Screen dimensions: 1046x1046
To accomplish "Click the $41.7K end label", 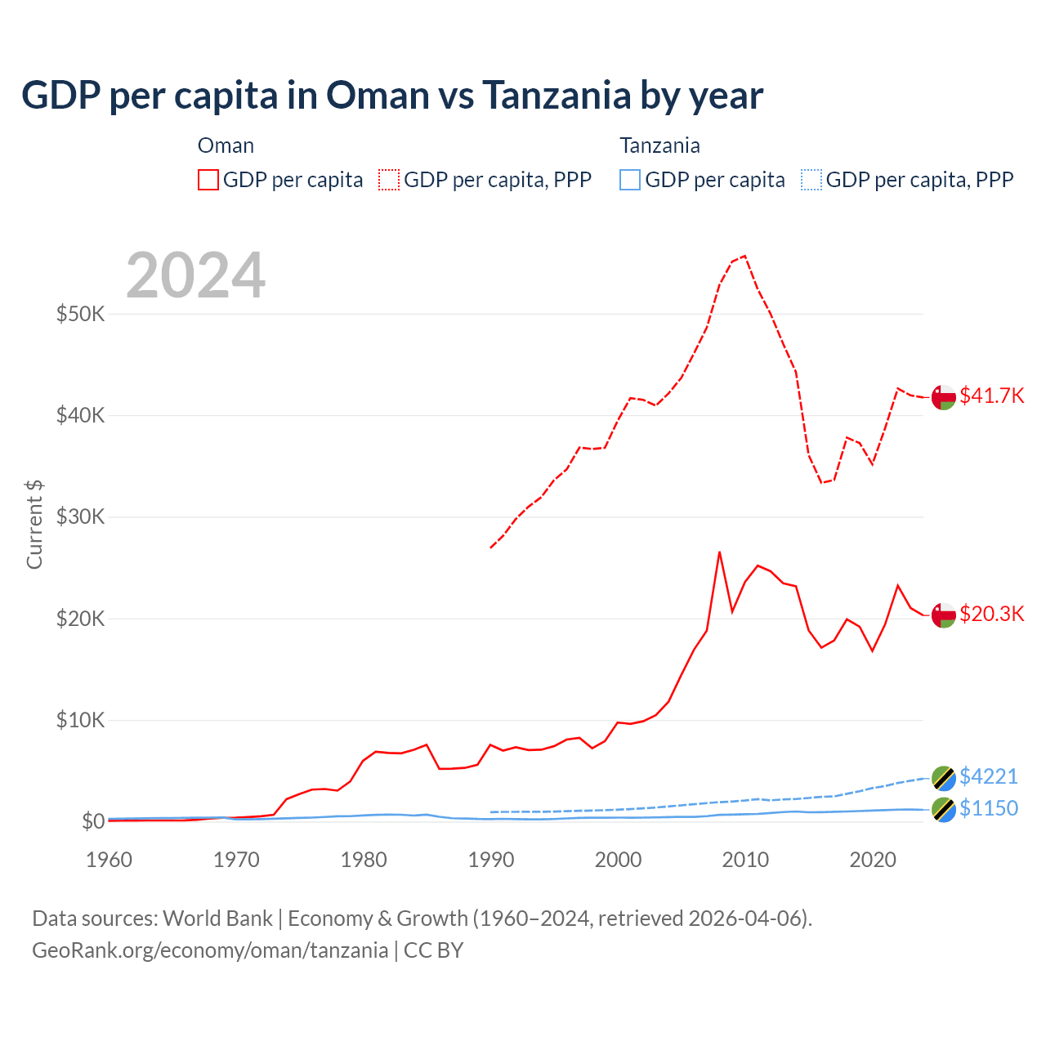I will (x=991, y=396).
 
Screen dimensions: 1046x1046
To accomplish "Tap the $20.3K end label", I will (x=991, y=614).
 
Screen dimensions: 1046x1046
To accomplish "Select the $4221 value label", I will (x=989, y=776).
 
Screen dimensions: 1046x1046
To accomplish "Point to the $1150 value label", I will (x=989, y=808).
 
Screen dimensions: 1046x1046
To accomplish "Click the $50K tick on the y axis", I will (x=80, y=314).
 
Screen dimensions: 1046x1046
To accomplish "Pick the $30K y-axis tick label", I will (x=80, y=516).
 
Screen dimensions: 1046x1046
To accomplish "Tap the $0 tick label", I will (x=92, y=821).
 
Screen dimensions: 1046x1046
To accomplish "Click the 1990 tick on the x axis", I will (x=491, y=860).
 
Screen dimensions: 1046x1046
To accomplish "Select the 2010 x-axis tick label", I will (x=745, y=860).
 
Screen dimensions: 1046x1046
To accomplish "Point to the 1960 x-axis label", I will (x=110, y=860).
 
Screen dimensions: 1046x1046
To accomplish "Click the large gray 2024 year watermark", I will (x=196, y=275).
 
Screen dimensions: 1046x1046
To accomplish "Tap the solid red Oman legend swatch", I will (x=208, y=180).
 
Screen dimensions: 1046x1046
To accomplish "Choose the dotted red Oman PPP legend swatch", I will (x=389, y=180).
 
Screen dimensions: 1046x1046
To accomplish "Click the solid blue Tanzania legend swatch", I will (x=630, y=180).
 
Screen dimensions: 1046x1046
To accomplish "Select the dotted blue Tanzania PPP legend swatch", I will (x=811, y=180).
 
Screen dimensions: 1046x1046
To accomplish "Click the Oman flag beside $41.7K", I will (x=944, y=396).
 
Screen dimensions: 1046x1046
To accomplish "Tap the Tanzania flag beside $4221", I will (x=944, y=778).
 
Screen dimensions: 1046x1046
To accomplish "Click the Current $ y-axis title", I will (x=34, y=525).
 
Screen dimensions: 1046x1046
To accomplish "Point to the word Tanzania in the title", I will (x=556, y=95).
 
